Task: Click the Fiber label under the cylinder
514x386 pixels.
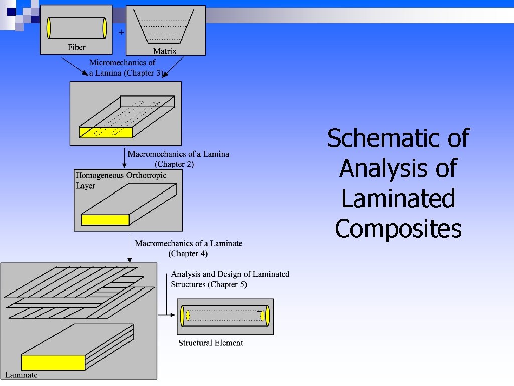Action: pyautogui.click(x=77, y=47)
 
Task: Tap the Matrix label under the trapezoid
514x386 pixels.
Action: pyautogui.click(x=165, y=51)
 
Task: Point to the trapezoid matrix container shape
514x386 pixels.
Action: pyautogui.click(x=166, y=28)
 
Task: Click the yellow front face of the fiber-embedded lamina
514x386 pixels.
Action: pyautogui.click(x=105, y=132)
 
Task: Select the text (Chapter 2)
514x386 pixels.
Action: pyautogui.click(x=174, y=164)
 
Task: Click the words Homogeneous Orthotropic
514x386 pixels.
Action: pyautogui.click(x=121, y=175)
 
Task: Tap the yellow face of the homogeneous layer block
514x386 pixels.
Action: pyautogui.click(x=105, y=220)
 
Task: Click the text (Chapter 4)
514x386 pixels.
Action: pyautogui.click(x=187, y=253)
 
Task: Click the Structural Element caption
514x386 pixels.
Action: pyautogui.click(x=210, y=343)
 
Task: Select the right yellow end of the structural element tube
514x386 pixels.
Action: pyautogui.click(x=267, y=315)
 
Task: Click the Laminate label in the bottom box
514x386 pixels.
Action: pyautogui.click(x=21, y=374)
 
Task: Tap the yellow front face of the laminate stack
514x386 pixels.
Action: pyautogui.click(x=53, y=362)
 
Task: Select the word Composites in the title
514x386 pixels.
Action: pyautogui.click(x=398, y=229)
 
